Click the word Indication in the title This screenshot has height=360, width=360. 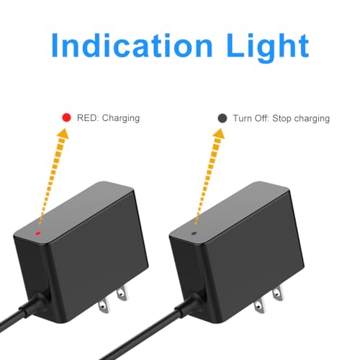(x=132, y=45)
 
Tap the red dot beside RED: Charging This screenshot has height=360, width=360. (x=66, y=117)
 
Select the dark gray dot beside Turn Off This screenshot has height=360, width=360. (x=222, y=118)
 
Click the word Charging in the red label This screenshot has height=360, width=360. (x=121, y=119)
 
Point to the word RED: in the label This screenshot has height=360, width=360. (x=88, y=118)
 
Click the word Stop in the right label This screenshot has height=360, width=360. (x=282, y=119)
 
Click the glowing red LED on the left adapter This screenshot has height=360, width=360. (x=37, y=233)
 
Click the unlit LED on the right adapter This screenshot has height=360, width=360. (x=194, y=233)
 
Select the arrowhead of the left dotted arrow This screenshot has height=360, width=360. (x=63, y=134)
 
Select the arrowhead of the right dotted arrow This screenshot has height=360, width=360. (x=219, y=134)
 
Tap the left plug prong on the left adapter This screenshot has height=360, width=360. (x=104, y=305)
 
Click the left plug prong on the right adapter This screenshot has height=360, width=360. (x=260, y=305)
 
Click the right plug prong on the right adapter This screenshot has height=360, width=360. (x=278, y=292)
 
